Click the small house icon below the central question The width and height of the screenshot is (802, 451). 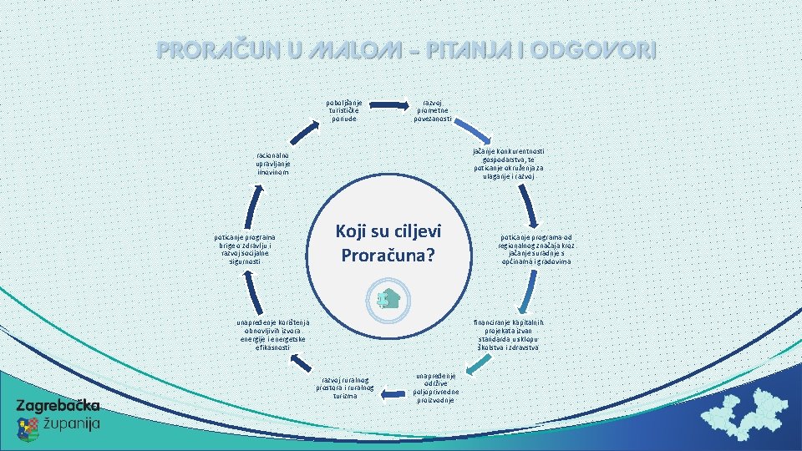point(387,298)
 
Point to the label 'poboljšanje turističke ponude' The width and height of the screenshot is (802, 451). point(344,111)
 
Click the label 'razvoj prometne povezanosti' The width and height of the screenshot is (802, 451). point(432,111)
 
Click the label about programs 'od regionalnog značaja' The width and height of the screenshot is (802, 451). point(536,249)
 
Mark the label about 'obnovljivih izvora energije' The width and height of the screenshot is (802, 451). point(273,334)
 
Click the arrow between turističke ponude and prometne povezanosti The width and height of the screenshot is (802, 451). point(386,105)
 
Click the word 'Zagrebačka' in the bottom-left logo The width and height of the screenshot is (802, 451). point(58,406)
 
